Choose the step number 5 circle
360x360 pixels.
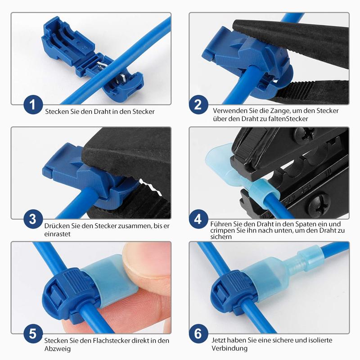point(32,334)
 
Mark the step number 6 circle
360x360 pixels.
point(198,334)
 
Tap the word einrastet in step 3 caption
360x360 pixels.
point(58,234)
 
